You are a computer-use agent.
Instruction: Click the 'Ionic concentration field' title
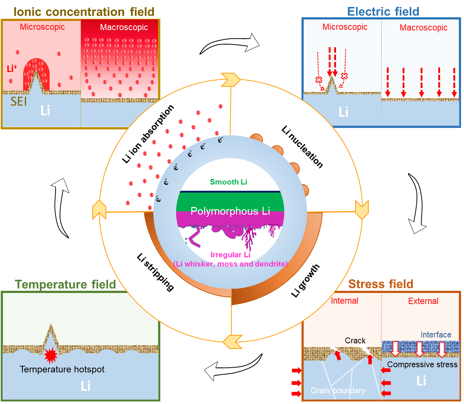(x=84, y=12)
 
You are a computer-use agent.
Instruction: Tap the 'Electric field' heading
(x=383, y=11)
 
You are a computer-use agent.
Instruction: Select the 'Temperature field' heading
(x=65, y=284)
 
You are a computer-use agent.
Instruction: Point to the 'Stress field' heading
(x=381, y=284)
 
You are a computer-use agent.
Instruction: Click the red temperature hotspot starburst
(x=51, y=355)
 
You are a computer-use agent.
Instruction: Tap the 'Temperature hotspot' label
(x=62, y=369)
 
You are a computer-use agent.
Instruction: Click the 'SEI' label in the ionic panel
(x=18, y=101)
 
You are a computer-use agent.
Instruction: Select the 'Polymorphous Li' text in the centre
(x=230, y=211)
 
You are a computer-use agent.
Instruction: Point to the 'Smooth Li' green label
(x=228, y=182)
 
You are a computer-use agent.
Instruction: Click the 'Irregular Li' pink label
(x=230, y=255)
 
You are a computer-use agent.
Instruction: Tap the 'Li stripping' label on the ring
(x=155, y=272)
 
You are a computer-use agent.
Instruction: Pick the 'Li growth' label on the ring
(x=305, y=280)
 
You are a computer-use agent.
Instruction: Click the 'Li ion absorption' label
(x=147, y=134)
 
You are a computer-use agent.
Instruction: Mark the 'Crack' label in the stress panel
(x=355, y=341)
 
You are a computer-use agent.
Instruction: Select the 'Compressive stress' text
(x=422, y=364)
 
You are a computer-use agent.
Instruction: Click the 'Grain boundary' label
(x=338, y=390)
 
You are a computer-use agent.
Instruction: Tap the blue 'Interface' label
(x=436, y=335)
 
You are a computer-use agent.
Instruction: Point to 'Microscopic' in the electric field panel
(x=345, y=27)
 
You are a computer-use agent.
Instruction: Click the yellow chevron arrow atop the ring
(x=231, y=80)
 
